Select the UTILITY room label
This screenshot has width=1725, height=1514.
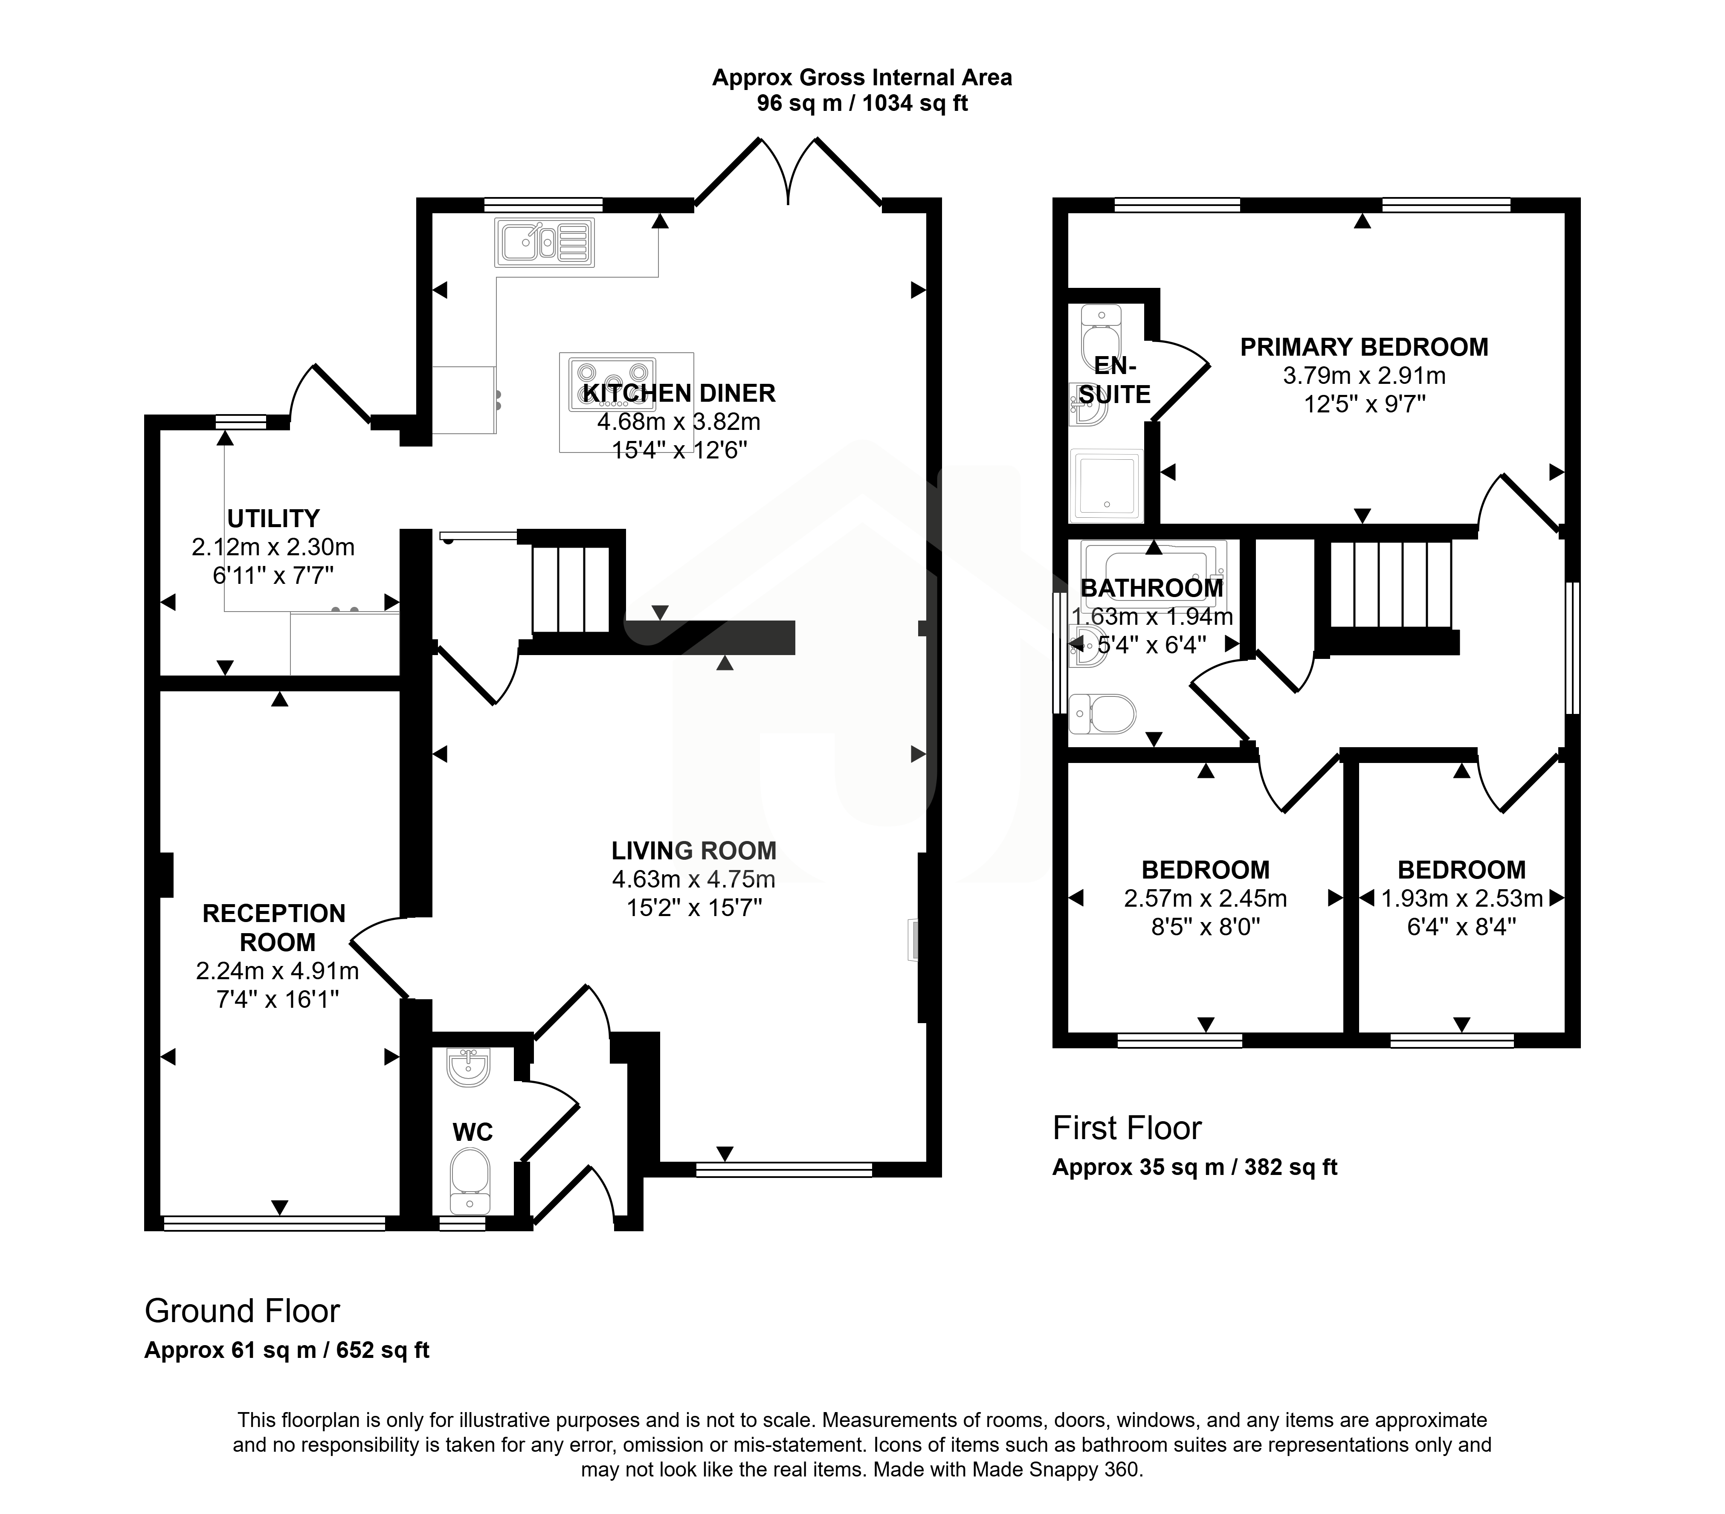[x=273, y=518]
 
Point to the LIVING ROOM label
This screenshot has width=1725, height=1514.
[x=694, y=851]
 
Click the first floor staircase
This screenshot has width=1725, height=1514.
[x=1391, y=584]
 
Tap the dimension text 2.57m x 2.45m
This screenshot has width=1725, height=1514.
[x=1205, y=899]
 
